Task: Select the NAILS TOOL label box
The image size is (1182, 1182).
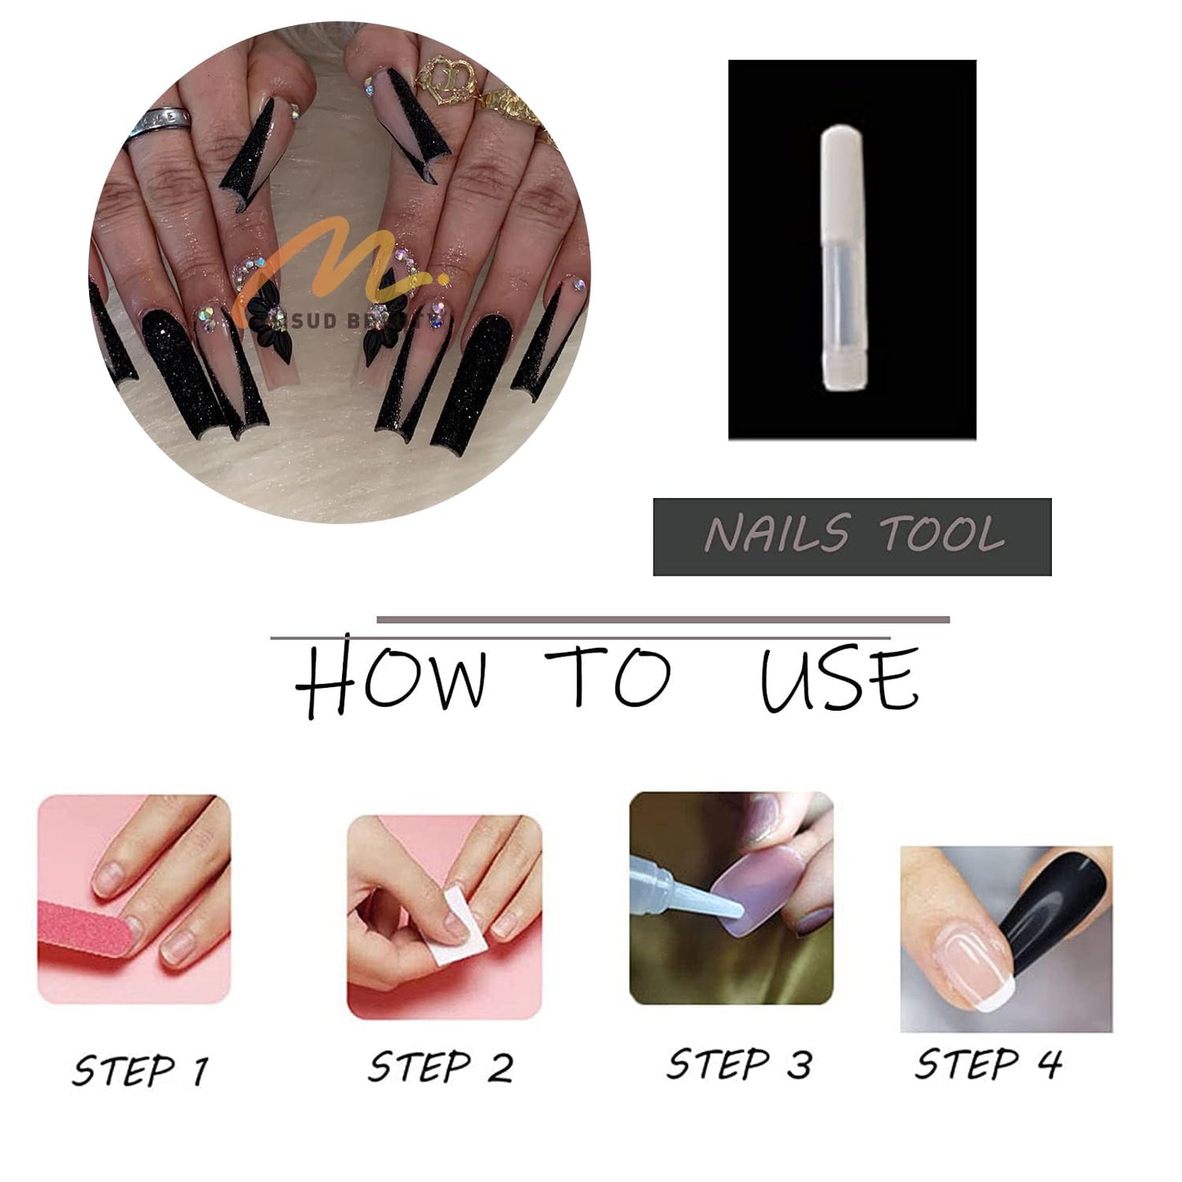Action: (852, 537)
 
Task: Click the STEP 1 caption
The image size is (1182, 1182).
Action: (140, 1070)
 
